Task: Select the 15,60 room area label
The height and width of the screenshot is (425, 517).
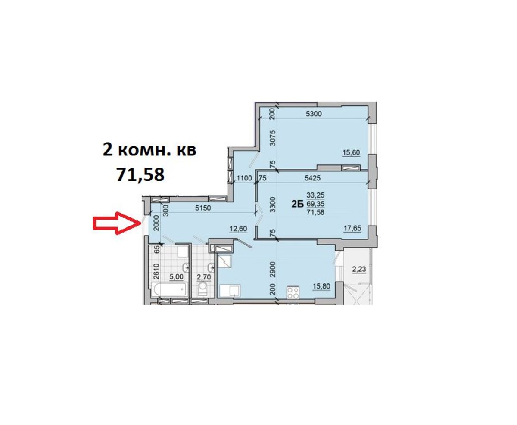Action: click(351, 152)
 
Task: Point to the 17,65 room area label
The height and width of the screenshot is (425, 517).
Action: click(352, 228)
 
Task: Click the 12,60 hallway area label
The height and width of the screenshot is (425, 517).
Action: click(238, 229)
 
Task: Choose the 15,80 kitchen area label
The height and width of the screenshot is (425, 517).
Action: click(321, 286)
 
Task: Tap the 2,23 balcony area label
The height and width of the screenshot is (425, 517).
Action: click(359, 269)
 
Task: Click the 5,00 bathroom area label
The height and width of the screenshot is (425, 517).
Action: click(176, 276)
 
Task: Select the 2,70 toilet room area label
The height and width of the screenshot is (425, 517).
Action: click(204, 277)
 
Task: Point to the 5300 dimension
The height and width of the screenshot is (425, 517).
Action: click(314, 114)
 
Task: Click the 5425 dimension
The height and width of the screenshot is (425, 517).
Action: click(312, 178)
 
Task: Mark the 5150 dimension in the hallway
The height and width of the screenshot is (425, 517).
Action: click(203, 208)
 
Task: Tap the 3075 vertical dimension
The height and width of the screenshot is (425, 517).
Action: click(273, 138)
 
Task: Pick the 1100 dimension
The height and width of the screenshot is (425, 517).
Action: click(244, 178)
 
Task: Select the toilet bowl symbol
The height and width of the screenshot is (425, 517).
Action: click(203, 289)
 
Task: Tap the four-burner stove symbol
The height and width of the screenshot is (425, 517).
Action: click(293, 292)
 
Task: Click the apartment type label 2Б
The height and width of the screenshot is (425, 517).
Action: click(298, 204)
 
